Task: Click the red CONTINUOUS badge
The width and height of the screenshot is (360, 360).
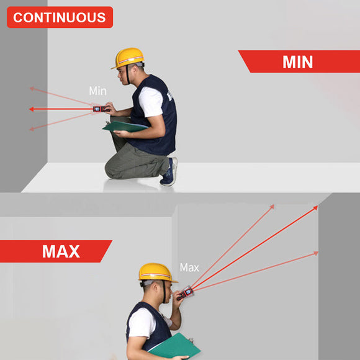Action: tap(60, 17)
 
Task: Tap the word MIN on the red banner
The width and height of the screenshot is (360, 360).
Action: tap(297, 62)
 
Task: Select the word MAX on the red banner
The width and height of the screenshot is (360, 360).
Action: tap(61, 251)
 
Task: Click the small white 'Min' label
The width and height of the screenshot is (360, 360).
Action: tap(98, 91)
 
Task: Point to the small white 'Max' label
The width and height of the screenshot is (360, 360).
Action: tap(189, 268)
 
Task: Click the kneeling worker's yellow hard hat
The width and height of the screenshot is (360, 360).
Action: tap(128, 58)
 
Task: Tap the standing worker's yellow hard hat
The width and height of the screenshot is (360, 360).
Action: tap(157, 272)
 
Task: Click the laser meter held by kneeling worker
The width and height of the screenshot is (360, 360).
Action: tap(101, 109)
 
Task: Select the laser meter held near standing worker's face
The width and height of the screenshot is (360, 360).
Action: tap(186, 293)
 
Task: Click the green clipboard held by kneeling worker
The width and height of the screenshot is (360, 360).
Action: tap(125, 127)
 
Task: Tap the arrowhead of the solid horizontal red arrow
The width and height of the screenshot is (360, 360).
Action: tap(32, 109)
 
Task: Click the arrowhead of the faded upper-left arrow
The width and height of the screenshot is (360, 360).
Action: tap(32, 89)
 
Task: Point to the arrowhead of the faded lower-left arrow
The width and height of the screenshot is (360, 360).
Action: tap(32, 129)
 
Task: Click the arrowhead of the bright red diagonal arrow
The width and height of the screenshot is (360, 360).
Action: tap(316, 208)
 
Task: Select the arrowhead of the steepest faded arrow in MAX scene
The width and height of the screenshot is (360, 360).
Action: tap(272, 207)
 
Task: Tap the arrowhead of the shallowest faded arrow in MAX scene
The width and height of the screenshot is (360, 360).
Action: tap(316, 253)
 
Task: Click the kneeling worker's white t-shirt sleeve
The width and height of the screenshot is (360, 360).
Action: tap(151, 102)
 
